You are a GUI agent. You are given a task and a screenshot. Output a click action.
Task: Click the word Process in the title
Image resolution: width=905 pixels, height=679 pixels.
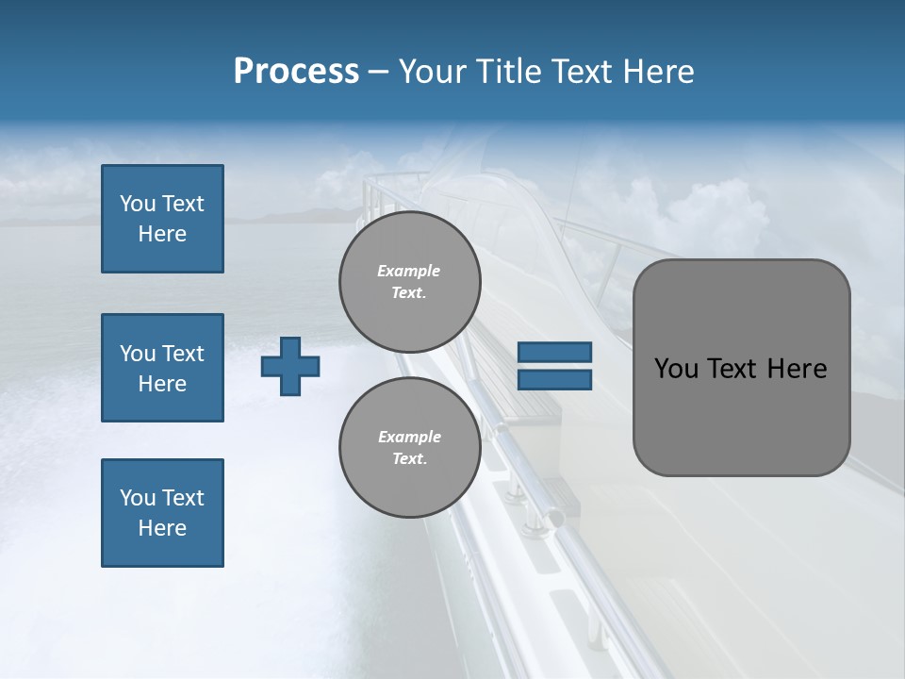pyautogui.click(x=296, y=72)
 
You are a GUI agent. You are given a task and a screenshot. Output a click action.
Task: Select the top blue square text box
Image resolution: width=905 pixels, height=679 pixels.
pyautogui.click(x=162, y=219)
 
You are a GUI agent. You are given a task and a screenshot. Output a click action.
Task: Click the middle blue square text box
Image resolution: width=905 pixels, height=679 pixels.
pyautogui.click(x=162, y=368)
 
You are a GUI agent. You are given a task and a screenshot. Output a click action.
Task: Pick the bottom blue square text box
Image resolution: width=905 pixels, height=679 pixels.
pyautogui.click(x=162, y=513)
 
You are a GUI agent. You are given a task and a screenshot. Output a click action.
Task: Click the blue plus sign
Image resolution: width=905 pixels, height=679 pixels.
pyautogui.click(x=290, y=366)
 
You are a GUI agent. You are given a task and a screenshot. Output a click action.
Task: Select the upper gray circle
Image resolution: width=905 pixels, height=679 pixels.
pyautogui.click(x=410, y=281)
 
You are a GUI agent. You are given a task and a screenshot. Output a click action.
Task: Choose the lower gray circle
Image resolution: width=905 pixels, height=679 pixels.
pyautogui.click(x=410, y=447)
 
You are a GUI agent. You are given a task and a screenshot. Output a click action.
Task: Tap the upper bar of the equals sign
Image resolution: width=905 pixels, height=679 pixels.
pyautogui.click(x=554, y=352)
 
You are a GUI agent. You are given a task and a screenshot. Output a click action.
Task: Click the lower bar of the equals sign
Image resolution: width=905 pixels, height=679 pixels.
pyautogui.click(x=554, y=380)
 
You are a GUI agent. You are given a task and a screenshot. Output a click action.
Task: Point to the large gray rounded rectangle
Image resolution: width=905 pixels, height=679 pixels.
pyautogui.click(x=741, y=368)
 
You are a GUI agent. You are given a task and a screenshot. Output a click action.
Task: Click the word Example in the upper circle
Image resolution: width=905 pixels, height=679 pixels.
pyautogui.click(x=409, y=271)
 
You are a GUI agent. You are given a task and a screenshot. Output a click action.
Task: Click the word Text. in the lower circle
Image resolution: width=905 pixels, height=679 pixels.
pyautogui.click(x=409, y=459)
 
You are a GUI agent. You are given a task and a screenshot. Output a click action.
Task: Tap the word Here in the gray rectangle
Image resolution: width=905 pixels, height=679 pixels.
pyautogui.click(x=797, y=369)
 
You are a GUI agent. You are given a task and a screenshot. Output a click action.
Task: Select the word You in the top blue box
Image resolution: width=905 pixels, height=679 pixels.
pyautogui.click(x=138, y=204)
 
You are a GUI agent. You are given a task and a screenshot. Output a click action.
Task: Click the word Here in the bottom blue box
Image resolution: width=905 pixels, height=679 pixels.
pyautogui.click(x=162, y=528)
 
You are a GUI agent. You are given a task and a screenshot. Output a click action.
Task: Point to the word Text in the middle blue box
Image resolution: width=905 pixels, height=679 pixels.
pyautogui.click(x=183, y=354)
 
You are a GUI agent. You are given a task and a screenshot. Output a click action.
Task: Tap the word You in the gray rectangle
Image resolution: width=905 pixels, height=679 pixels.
pyautogui.click(x=676, y=369)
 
